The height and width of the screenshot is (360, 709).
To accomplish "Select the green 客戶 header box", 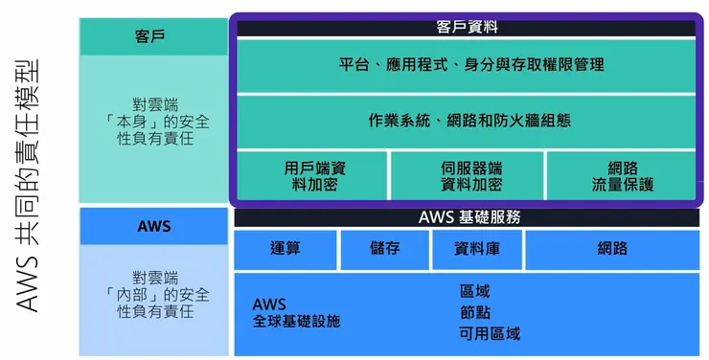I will tap(151, 36).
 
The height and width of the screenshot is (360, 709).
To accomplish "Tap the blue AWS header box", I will tap(151, 226).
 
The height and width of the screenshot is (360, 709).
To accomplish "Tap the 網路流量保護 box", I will tap(623, 175).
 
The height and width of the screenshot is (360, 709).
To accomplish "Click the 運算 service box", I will tap(286, 249).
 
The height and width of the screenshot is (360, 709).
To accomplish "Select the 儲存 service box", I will tap(384, 249).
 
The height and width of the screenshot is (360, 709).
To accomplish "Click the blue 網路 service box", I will tap(612, 249).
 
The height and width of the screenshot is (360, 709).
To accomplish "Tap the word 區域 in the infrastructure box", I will tap(475, 289).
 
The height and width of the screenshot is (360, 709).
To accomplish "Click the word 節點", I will tap(475, 312).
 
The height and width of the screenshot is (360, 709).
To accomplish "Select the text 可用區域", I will tap(490, 334).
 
